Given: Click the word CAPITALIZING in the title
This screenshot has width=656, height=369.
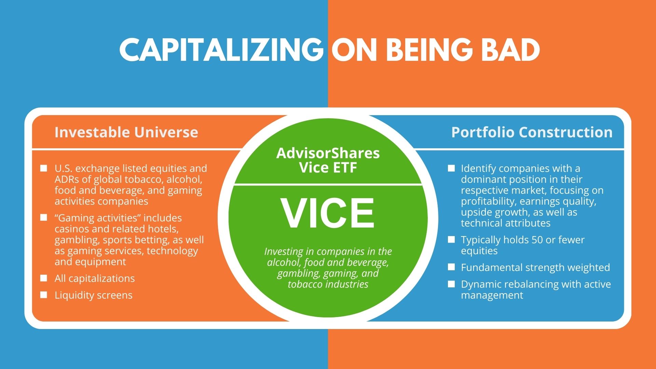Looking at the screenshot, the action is pos(221,50).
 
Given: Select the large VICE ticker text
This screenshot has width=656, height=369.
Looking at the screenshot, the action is pos(328,213).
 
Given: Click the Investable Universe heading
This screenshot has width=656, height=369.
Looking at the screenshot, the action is pos(126,132).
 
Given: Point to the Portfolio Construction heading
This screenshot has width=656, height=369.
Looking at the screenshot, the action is pos(532,132).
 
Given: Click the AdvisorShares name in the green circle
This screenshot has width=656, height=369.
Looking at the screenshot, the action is pos(328,153).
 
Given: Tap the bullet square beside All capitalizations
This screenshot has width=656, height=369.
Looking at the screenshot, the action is pos(44,278).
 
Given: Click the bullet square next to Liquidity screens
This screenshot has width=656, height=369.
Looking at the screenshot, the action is pos(44,295).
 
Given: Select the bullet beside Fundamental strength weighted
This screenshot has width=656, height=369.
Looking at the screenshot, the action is pos(451,267).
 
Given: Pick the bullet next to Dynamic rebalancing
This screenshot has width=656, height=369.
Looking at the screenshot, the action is pos(451,284).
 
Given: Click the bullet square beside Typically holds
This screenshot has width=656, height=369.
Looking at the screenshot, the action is pos(451,240).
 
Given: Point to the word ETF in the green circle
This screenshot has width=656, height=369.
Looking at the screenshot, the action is pos(345,167).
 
